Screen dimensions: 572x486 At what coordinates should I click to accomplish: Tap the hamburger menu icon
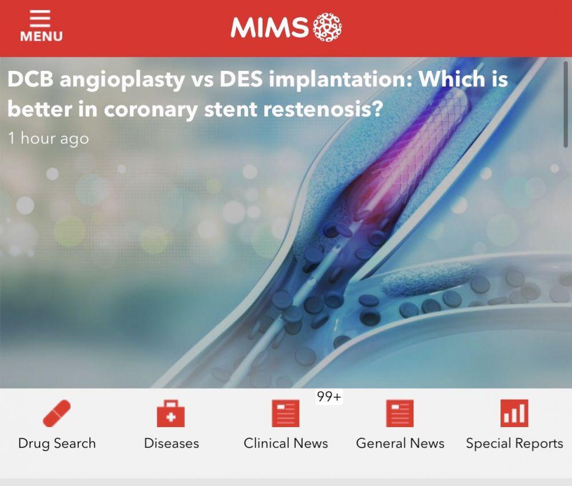pyautogui.click(x=40, y=18)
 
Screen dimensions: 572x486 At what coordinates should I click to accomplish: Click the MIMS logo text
pyautogui.click(x=270, y=27)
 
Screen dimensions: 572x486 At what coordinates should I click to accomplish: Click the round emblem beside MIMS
pyautogui.click(x=328, y=27)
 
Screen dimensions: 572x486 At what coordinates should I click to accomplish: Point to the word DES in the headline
pyautogui.click(x=241, y=79)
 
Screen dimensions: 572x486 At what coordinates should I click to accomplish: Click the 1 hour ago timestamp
pyautogui.click(x=49, y=138)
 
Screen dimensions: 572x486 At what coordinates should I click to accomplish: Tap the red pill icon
pyautogui.click(x=57, y=413)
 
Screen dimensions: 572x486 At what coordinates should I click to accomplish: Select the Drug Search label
pyautogui.click(x=57, y=443)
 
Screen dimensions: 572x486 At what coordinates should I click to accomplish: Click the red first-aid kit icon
pyautogui.click(x=170, y=413)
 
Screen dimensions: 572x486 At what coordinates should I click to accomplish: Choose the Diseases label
pyautogui.click(x=172, y=443)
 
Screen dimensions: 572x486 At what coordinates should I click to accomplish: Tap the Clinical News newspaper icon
pyautogui.click(x=285, y=413)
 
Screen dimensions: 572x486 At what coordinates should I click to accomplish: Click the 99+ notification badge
pyautogui.click(x=329, y=396)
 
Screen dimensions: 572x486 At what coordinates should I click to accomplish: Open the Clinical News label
pyautogui.click(x=285, y=443)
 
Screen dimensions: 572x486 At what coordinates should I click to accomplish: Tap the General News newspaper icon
pyautogui.click(x=400, y=413)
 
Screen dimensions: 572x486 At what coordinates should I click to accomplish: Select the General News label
pyautogui.click(x=400, y=443)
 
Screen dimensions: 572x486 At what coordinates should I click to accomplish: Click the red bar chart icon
pyautogui.click(x=514, y=413)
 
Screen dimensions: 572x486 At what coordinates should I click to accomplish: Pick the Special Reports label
pyautogui.click(x=515, y=444)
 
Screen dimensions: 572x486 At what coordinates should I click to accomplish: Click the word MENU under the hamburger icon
pyautogui.click(x=41, y=37)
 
